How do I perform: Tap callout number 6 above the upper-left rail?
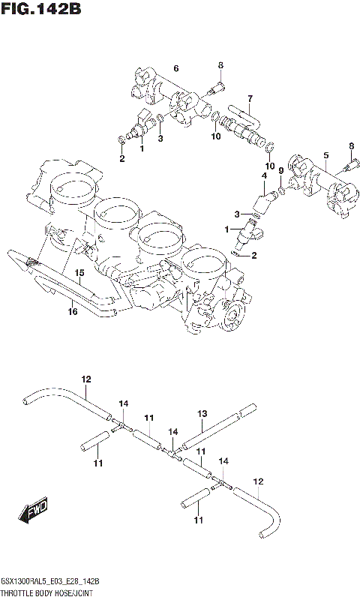pyautogui.click(x=175, y=69)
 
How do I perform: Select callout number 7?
pyautogui.click(x=250, y=98)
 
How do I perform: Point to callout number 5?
pyautogui.click(x=325, y=155)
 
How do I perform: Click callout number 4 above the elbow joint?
pyautogui.click(x=263, y=176)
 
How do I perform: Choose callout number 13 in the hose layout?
pyautogui.click(x=202, y=413)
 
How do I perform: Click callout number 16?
pyautogui.click(x=73, y=311)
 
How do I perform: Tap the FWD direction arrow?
pyautogui.click(x=34, y=512)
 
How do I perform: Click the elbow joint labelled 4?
pyautogui.click(x=262, y=201)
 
